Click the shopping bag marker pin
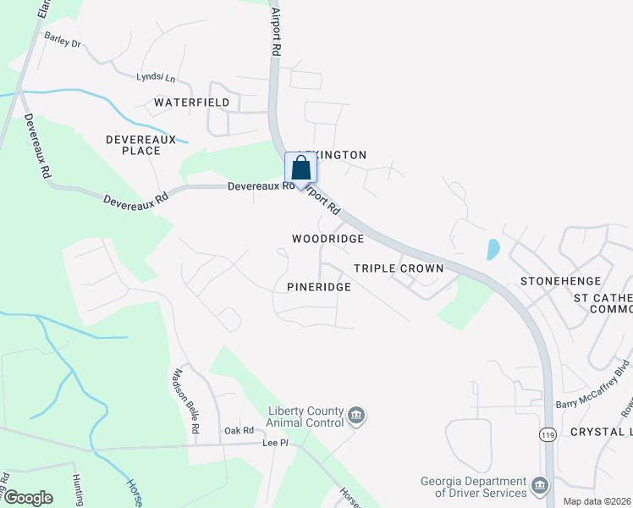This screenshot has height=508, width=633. point(300,169)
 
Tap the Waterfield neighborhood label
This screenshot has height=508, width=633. point(191,102)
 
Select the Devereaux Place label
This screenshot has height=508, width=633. point(133,145)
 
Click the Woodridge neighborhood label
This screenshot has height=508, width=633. point(328,240)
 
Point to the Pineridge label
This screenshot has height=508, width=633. point(318,288)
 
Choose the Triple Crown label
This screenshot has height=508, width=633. point(399,268)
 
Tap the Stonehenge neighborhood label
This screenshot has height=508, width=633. point(560,281)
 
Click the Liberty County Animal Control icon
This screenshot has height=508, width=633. point(356,415)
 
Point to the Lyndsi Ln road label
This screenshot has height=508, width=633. point(155,78)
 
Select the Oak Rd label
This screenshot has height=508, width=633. point(239,430)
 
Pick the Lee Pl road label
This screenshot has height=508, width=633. point(276,443)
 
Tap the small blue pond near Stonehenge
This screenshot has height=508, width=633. point(493,250)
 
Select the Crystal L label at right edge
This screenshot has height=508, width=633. point(601,432)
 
